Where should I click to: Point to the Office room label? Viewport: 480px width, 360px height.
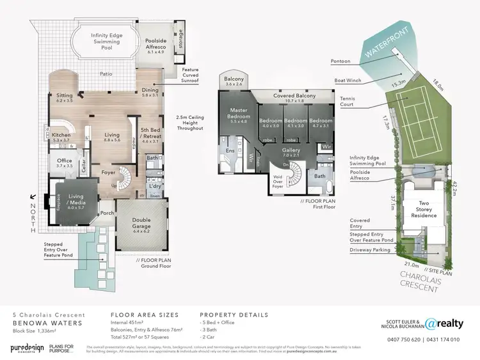64,162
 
